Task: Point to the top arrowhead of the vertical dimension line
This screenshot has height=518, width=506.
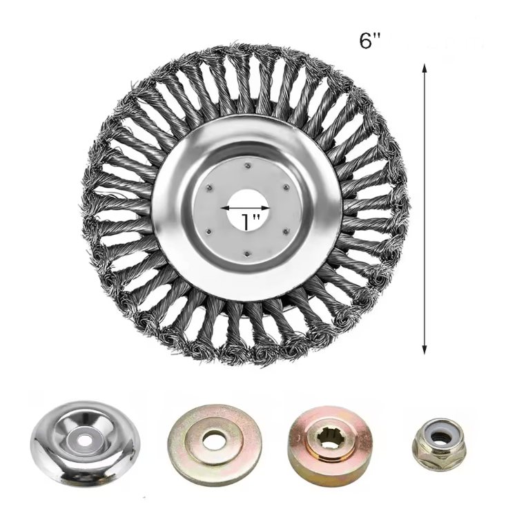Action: point(425,68)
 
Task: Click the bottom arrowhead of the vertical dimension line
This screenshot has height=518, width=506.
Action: point(425,350)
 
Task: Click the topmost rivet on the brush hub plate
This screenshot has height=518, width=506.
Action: point(246,164)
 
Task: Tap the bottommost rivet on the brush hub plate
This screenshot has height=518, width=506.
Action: point(246,253)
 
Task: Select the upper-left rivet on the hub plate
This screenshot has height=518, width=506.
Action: point(207,187)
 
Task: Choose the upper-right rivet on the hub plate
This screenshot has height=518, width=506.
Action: point(285,187)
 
